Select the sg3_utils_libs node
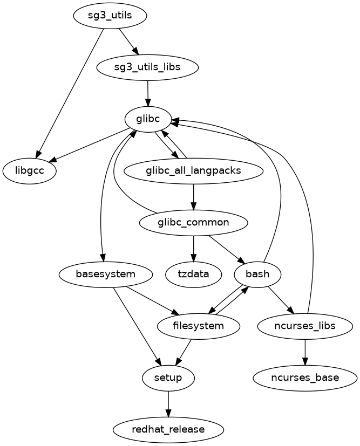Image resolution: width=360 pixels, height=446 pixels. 147,67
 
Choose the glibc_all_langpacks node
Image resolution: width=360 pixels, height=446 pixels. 193,171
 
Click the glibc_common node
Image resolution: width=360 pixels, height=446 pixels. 193,222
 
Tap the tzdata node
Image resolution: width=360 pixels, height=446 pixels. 193,274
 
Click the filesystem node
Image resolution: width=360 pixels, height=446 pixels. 198,326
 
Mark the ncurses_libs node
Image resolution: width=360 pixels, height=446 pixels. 305,326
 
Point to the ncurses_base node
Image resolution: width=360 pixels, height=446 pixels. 305,378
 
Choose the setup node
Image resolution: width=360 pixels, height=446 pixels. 168,378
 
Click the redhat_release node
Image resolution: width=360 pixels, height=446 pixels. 168,429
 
